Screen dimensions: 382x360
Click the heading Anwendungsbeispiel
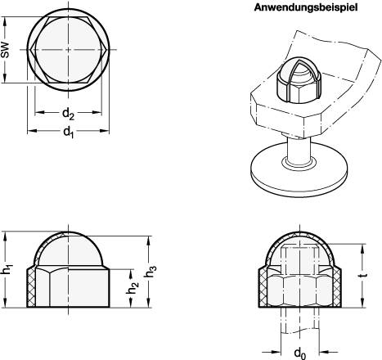click(x=305, y=7)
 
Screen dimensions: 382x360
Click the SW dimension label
click(x=5, y=50)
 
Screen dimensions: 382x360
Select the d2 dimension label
click(x=68, y=114)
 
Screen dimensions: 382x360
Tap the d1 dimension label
click(x=69, y=133)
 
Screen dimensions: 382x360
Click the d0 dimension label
click(x=300, y=353)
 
